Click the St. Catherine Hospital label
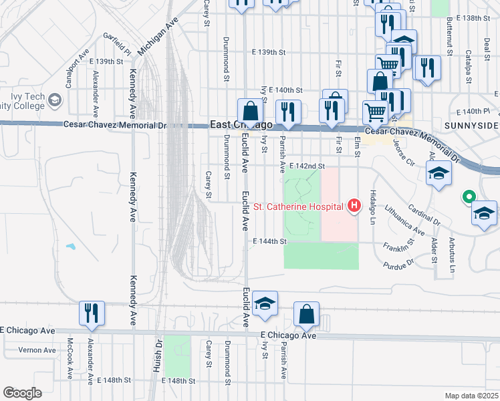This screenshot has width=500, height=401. tap(305, 206)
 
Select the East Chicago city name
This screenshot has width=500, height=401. tap(241, 125)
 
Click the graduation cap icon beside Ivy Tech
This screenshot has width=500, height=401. tap(55, 100)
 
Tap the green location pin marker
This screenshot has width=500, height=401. tap(469, 197)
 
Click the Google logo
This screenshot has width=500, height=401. tap(22, 392)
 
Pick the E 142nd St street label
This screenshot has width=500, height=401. tap(308, 166)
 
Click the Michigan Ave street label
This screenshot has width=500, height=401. tap(152, 39)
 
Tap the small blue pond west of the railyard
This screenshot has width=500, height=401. tap(70, 247)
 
